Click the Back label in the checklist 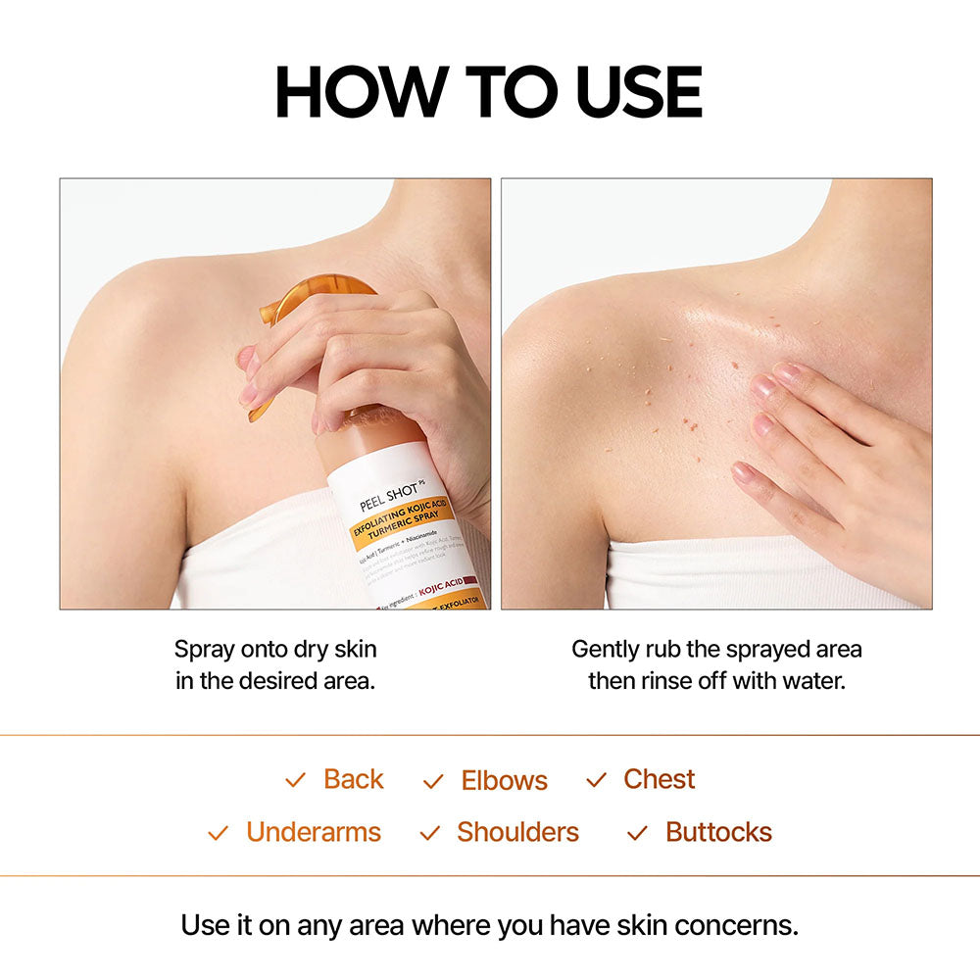[x=353, y=779]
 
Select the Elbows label [x=504, y=780]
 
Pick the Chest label [x=659, y=779]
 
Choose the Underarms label [x=313, y=832]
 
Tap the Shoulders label [x=517, y=832]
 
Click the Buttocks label [x=718, y=832]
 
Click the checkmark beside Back [x=295, y=780]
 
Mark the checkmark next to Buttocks [x=637, y=833]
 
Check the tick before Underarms [x=218, y=833]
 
